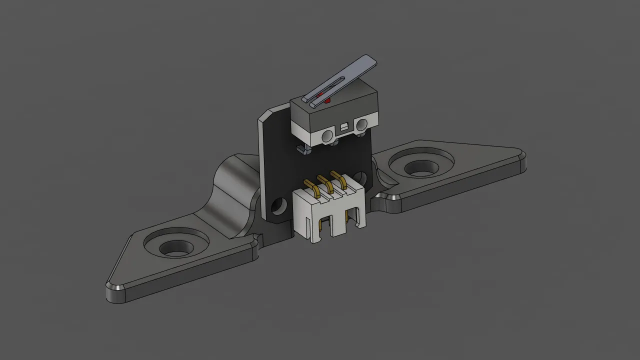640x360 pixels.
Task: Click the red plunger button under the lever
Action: pyautogui.click(x=327, y=101)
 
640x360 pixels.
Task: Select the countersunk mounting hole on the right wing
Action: pyautogui.click(x=421, y=167)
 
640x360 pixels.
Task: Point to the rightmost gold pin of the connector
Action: pyautogui.click(x=340, y=179)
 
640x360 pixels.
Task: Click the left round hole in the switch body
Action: pyautogui.click(x=327, y=135)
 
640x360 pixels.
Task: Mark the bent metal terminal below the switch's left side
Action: pyautogui.click(x=301, y=148)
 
